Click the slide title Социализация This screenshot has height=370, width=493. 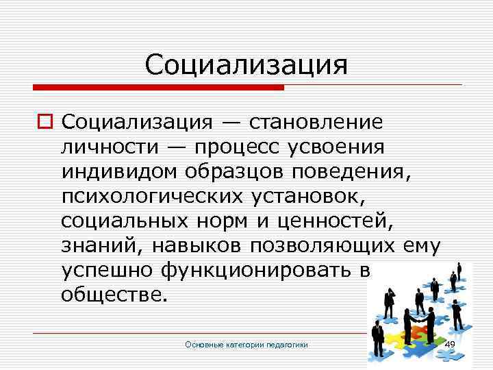click(246, 66)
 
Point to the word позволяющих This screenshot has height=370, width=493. click(321, 245)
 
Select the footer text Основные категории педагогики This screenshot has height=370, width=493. click(246, 345)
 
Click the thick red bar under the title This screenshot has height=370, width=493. click(157, 88)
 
